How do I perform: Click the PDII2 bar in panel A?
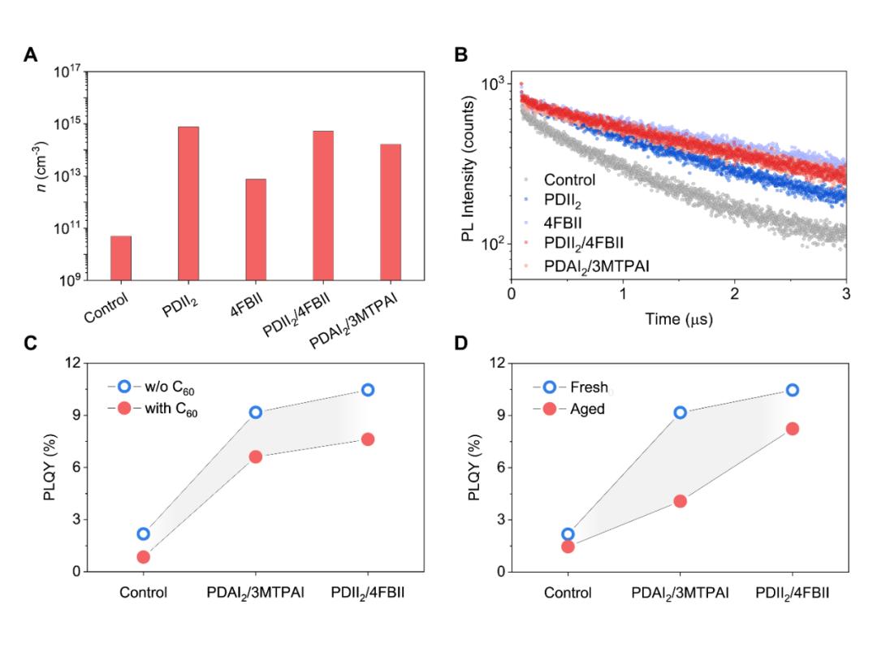(188, 203)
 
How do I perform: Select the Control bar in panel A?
(121, 257)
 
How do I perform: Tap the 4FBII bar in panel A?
(256, 229)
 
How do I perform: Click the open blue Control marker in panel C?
(143, 534)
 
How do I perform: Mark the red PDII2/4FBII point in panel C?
(368, 439)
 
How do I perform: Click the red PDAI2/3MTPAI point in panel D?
(680, 501)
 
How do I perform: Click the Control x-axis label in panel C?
(143, 592)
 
